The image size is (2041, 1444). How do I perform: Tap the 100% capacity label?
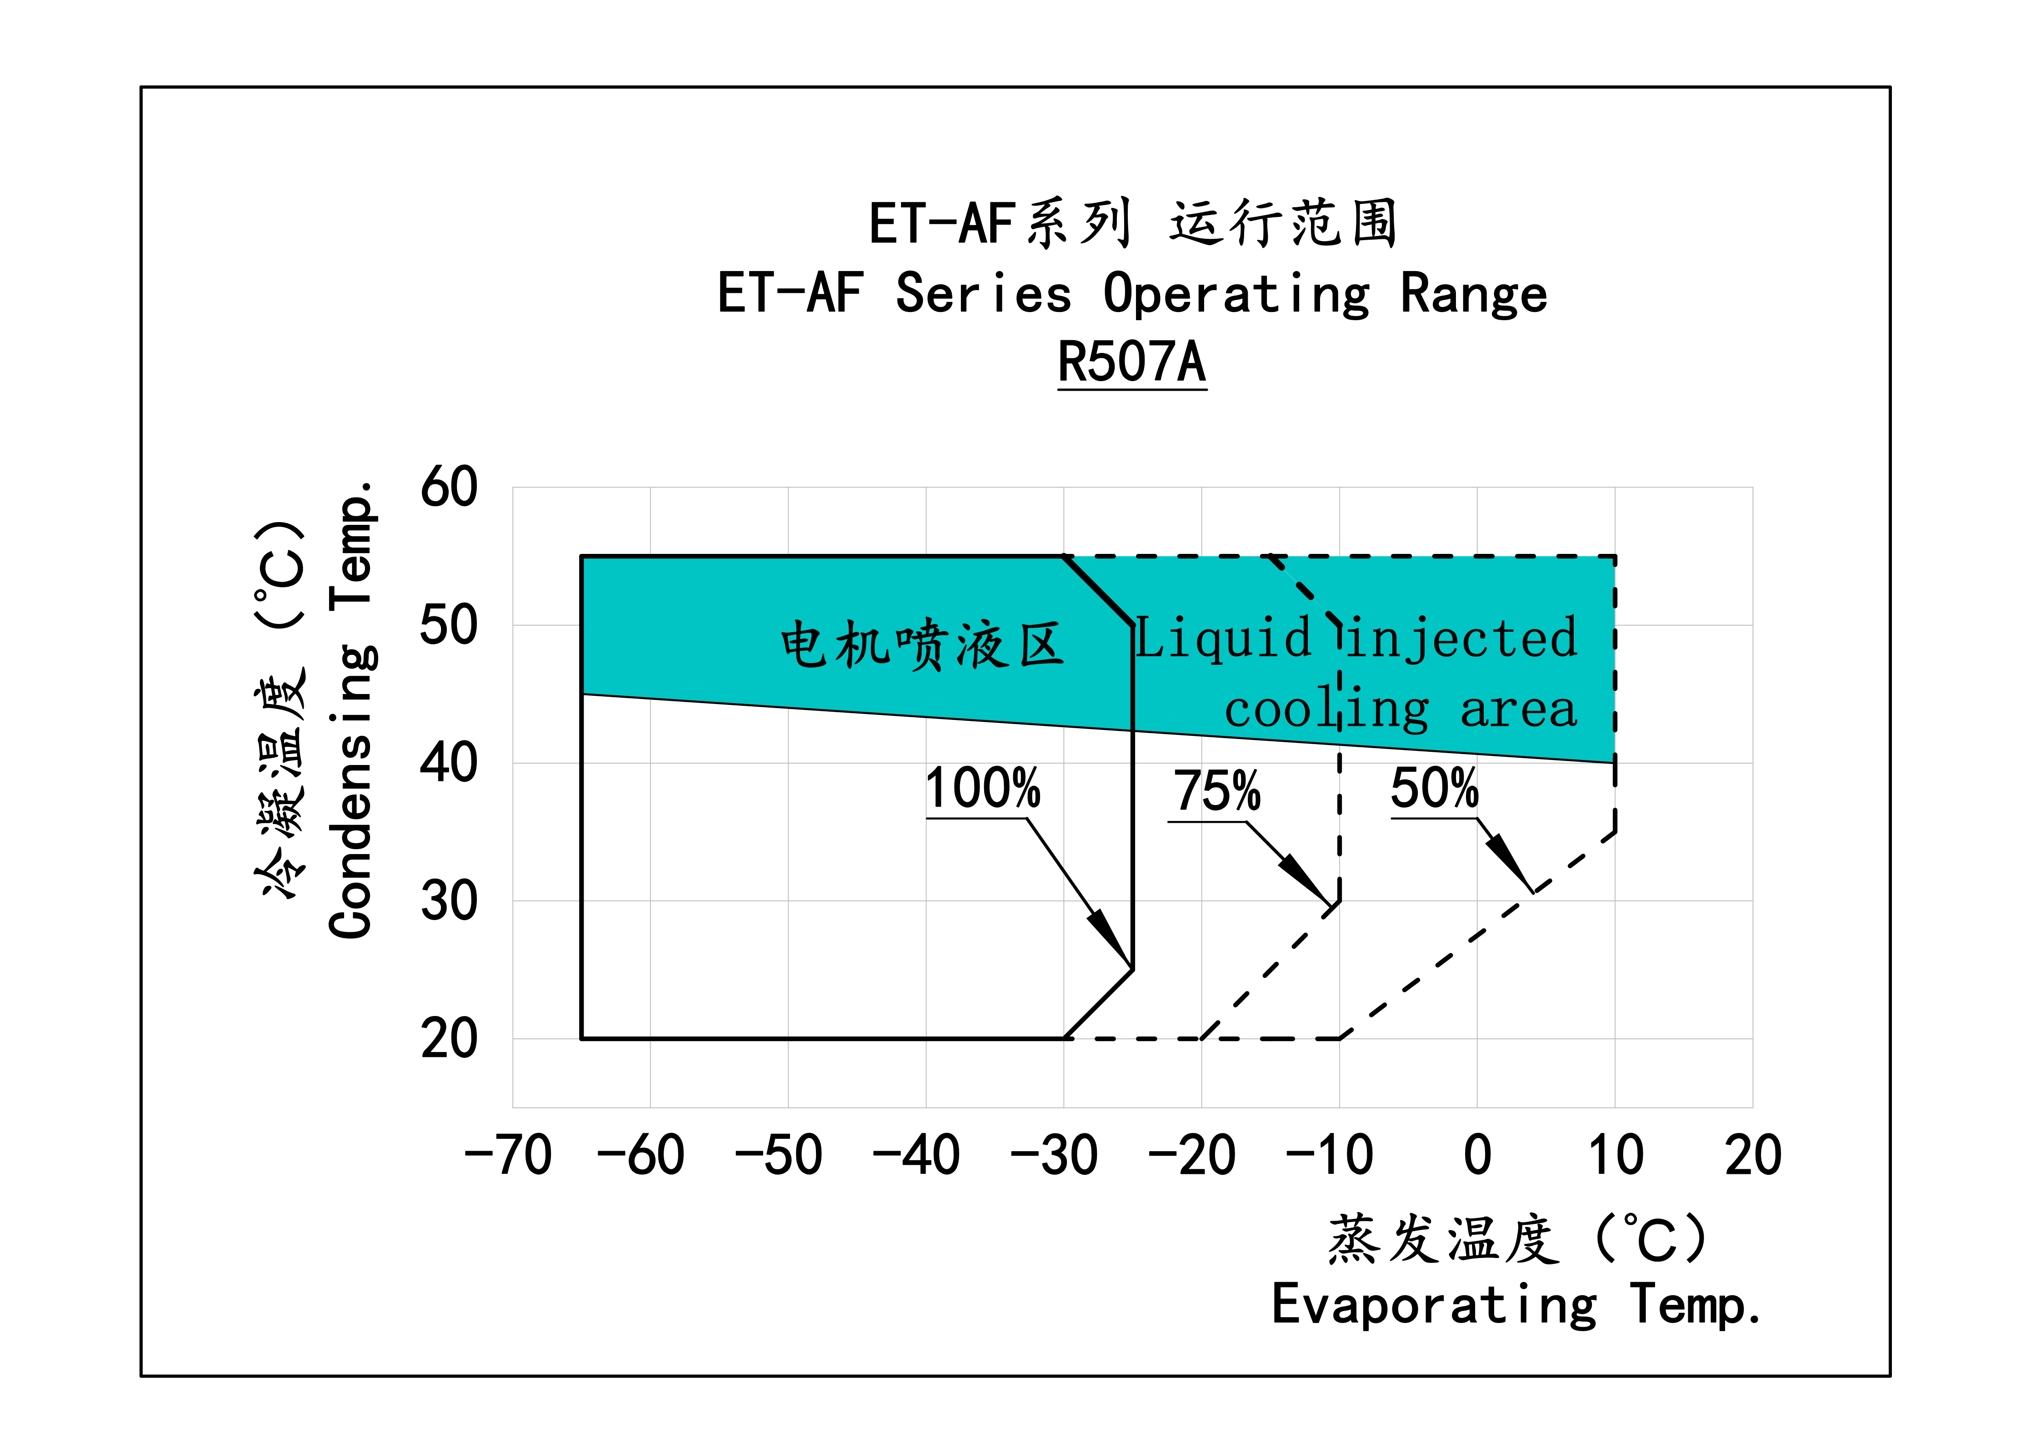[x=982, y=789]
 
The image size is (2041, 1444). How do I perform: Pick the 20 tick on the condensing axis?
[x=449, y=1038]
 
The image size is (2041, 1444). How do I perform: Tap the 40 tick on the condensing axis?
[x=449, y=763]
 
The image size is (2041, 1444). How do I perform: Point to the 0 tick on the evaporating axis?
[x=1477, y=1155]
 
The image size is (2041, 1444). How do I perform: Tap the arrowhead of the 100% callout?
[x=1116, y=942]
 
